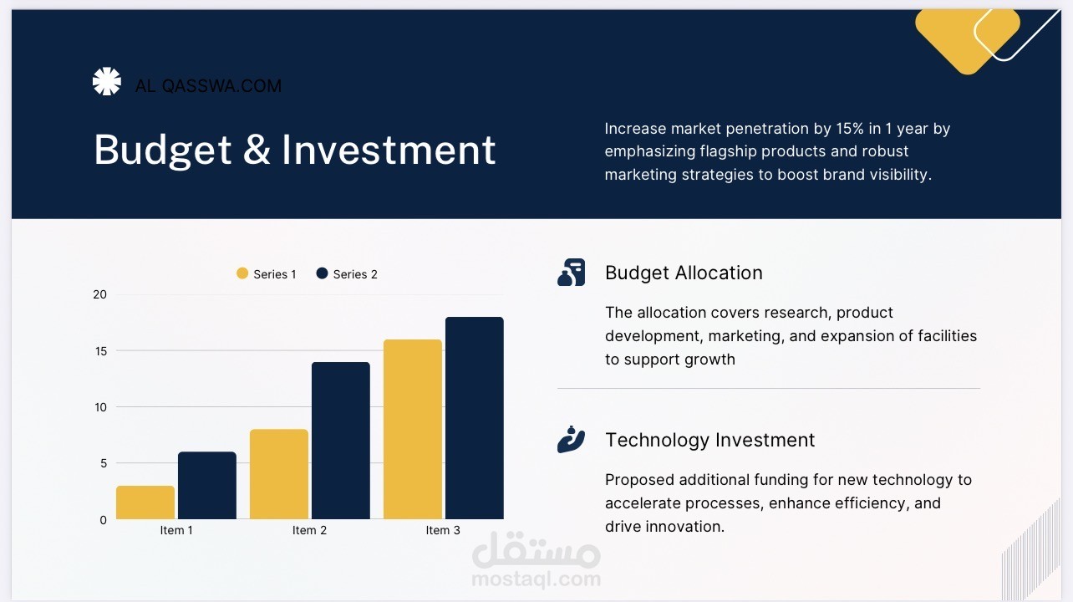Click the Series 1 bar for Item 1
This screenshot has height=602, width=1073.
pyautogui.click(x=145, y=503)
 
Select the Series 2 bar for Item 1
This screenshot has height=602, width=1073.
pyautogui.click(x=207, y=485)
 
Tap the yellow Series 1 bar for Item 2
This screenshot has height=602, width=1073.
pyautogui.click(x=279, y=474)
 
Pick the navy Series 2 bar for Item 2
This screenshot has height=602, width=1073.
pyautogui.click(x=341, y=441)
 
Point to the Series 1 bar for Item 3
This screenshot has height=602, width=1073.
pyautogui.click(x=413, y=429)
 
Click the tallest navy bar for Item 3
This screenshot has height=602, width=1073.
pyautogui.click(x=474, y=418)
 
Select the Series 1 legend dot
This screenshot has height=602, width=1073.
pyautogui.click(x=242, y=273)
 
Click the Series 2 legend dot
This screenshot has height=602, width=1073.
pyautogui.click(x=322, y=273)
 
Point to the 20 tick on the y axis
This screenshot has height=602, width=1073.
pyautogui.click(x=99, y=294)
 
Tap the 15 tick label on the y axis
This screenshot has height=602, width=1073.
pyautogui.click(x=100, y=351)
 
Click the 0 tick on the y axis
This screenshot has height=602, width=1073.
pyautogui.click(x=103, y=520)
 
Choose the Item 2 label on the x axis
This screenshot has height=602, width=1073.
pyautogui.click(x=309, y=530)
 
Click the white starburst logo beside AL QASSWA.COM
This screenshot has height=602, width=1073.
pyautogui.click(x=107, y=81)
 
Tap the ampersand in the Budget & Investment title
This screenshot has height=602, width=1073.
pyautogui.click(x=257, y=150)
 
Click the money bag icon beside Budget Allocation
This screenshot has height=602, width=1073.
pyautogui.click(x=571, y=273)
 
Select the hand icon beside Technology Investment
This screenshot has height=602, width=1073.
pyautogui.click(x=571, y=439)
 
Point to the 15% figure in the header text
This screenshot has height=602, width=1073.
pyautogui.click(x=850, y=129)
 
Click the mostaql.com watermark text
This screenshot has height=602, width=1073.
pyautogui.click(x=536, y=579)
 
